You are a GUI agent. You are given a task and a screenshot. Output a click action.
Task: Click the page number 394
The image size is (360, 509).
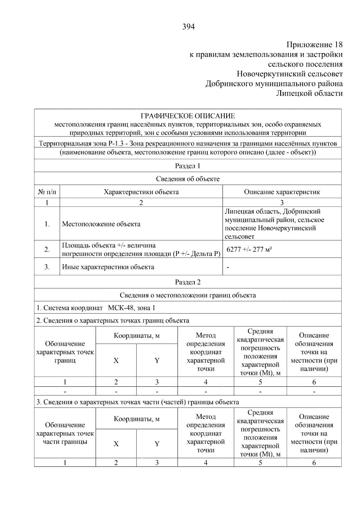tap(188, 27)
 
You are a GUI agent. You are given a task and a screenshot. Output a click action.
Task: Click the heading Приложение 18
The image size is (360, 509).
tap(314, 45)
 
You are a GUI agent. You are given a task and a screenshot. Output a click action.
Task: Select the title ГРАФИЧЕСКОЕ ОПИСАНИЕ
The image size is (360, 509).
tap(188, 116)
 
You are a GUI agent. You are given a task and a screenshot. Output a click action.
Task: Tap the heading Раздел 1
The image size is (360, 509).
tap(187, 166)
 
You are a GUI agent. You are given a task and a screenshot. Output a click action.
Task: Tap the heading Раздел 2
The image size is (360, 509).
tap(187, 282)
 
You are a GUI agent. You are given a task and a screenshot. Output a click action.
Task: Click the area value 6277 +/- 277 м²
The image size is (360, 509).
tap(249, 250)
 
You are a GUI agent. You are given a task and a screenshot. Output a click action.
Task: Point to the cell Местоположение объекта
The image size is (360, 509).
tap(101, 224)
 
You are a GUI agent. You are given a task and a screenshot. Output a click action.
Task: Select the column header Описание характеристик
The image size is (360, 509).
tap(282, 192)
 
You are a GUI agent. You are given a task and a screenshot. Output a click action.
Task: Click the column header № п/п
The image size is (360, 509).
tap(47, 192)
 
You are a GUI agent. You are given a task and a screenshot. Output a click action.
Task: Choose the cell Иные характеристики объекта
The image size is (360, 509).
tap(108, 267)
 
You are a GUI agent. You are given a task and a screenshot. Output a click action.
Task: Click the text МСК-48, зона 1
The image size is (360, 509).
tap(131, 308)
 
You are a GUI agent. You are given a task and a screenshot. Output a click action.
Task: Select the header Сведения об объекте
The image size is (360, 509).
tap(187, 179)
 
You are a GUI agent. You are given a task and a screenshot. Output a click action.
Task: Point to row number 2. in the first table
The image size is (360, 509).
tap(47, 250)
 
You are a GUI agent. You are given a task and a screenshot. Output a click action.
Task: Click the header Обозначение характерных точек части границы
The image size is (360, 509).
tap(65, 433)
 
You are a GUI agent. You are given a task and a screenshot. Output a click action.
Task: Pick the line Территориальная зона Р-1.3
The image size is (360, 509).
tap(187, 144)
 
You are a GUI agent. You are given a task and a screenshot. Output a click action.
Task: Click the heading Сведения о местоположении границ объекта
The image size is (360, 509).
tap(187, 295)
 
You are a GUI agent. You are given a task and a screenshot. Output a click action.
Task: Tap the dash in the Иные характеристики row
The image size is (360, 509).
tap(228, 267)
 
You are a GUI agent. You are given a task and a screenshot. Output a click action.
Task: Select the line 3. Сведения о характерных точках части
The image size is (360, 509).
tap(138, 402)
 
